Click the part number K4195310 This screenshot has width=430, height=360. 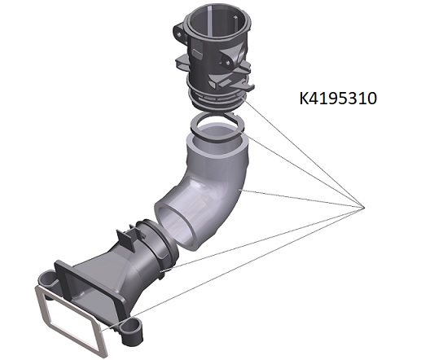[x=338, y=99]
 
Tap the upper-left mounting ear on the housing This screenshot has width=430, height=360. [x=179, y=32]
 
